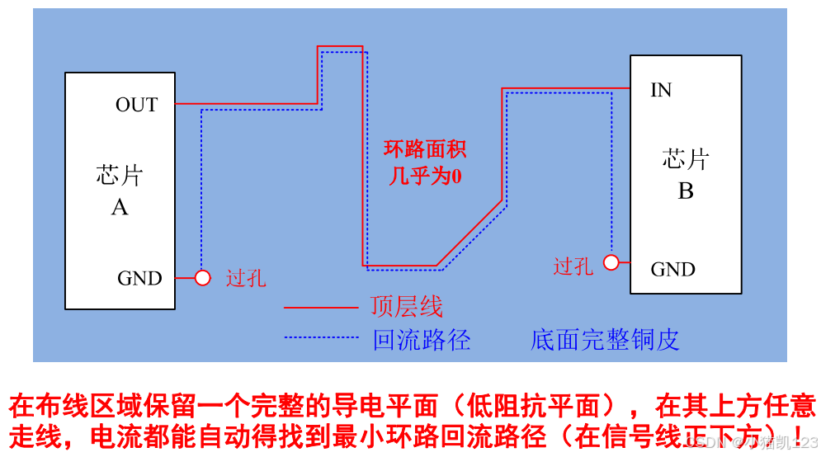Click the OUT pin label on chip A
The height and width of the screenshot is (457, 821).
[136, 105]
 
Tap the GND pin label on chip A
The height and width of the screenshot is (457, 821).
[139, 278]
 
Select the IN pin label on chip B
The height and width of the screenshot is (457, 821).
[661, 90]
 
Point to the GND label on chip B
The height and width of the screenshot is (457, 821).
[672, 269]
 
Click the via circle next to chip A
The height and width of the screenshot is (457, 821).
[202, 278]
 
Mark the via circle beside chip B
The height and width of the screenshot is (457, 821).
[611, 262]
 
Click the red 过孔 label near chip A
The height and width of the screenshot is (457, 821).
[246, 278]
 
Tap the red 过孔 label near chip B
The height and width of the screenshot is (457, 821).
[573, 266]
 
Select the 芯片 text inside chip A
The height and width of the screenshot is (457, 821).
[120, 175]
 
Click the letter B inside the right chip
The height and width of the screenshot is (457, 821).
[686, 191]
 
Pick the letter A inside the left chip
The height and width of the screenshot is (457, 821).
[120, 207]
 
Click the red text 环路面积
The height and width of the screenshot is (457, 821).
[425, 149]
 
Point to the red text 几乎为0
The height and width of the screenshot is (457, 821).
[425, 176]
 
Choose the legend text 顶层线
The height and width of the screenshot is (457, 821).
[407, 307]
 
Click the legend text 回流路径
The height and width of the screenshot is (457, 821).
[422, 339]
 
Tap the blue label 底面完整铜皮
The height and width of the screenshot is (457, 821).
[605, 339]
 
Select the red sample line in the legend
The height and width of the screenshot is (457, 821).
[321, 308]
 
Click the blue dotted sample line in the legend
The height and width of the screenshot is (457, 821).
[321, 337]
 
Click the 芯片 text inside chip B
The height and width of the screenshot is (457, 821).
[686, 158]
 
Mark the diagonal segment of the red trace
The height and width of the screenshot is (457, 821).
[469, 233]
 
